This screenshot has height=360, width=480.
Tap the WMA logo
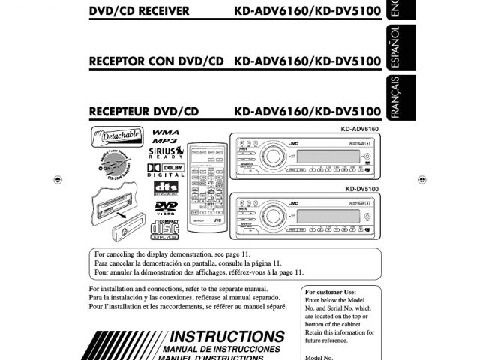click(x=165, y=132)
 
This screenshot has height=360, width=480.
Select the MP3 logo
click(x=164, y=141)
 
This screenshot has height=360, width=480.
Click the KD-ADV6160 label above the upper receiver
click(x=359, y=130)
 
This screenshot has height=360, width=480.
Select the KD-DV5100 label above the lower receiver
click(x=361, y=189)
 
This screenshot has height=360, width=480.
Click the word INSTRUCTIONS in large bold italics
click(x=228, y=337)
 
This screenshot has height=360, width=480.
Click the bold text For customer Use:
click(x=331, y=292)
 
